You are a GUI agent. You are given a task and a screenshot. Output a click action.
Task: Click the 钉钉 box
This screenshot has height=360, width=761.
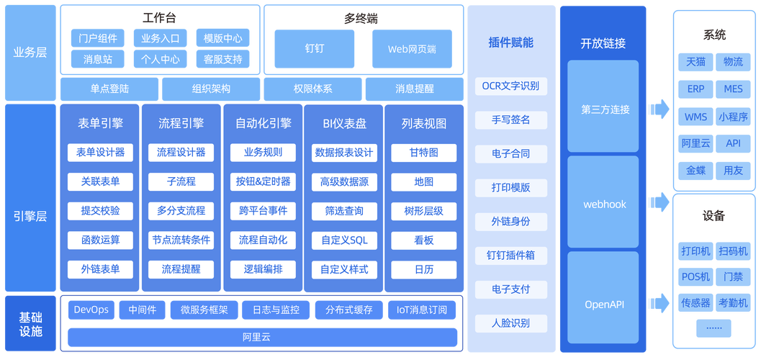click(x=314, y=49)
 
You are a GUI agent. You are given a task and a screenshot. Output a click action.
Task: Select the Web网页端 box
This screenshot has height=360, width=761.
click(x=412, y=49)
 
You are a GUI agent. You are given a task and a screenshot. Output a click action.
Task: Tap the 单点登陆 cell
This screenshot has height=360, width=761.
click(x=109, y=89)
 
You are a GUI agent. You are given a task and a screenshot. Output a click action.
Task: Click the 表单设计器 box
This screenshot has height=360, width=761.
click(x=100, y=153)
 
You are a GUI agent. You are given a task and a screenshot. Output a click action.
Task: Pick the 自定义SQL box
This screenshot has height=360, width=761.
click(x=344, y=240)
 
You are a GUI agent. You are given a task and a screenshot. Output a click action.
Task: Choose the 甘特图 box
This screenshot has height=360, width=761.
click(x=424, y=153)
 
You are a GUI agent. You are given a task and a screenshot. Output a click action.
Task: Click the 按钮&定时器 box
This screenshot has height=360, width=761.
click(x=263, y=181)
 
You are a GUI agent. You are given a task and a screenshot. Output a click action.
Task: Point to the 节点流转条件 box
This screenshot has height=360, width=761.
click(x=181, y=240)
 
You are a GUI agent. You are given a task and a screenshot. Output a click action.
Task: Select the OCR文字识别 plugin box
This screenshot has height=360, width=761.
click(x=510, y=86)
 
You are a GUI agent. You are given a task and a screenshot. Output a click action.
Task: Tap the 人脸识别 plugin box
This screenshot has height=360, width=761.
click(x=510, y=323)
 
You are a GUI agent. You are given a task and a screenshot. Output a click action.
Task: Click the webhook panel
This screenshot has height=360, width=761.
click(x=603, y=204)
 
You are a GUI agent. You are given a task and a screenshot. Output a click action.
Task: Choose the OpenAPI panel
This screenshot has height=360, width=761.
click(x=603, y=305)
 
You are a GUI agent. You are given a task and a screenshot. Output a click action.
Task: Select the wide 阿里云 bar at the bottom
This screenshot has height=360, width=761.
click(x=262, y=337)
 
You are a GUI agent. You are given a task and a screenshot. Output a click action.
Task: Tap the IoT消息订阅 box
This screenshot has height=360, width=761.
click(x=422, y=310)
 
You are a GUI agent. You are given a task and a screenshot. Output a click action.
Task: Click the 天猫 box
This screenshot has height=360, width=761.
click(x=695, y=62)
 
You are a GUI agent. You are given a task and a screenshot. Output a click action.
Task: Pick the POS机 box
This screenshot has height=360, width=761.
click(x=695, y=276)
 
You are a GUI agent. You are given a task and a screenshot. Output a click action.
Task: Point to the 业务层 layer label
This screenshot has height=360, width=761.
click(x=30, y=52)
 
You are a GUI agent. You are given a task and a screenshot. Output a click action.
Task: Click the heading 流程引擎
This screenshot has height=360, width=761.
click(x=181, y=123)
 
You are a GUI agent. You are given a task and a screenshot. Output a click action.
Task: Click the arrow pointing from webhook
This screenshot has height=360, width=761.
click(x=657, y=199)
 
